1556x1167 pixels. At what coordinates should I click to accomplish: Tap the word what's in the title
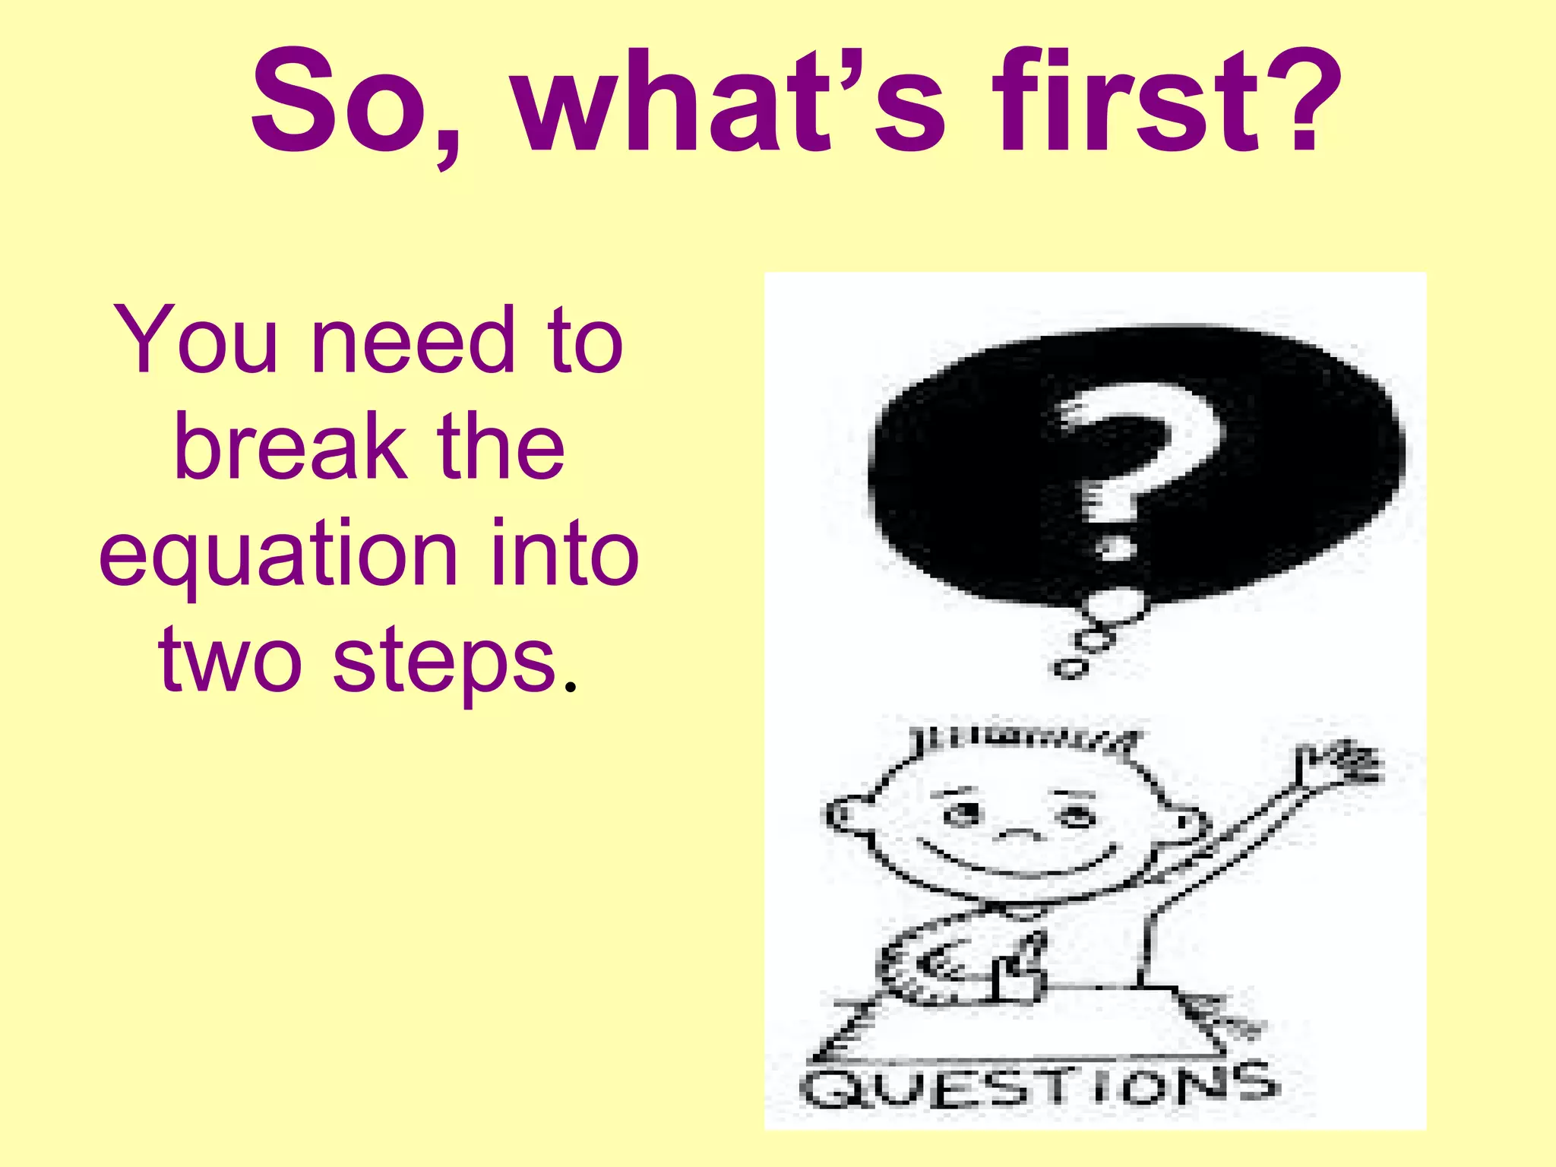[x=729, y=103]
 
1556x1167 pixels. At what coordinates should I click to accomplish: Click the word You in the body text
[x=196, y=340]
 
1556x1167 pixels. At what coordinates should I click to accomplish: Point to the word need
[x=413, y=340]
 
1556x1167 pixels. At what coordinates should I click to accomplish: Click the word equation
[x=278, y=555]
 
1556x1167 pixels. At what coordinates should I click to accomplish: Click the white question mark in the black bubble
[x=1136, y=463]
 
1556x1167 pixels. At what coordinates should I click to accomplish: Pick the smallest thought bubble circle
[x=1070, y=669]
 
